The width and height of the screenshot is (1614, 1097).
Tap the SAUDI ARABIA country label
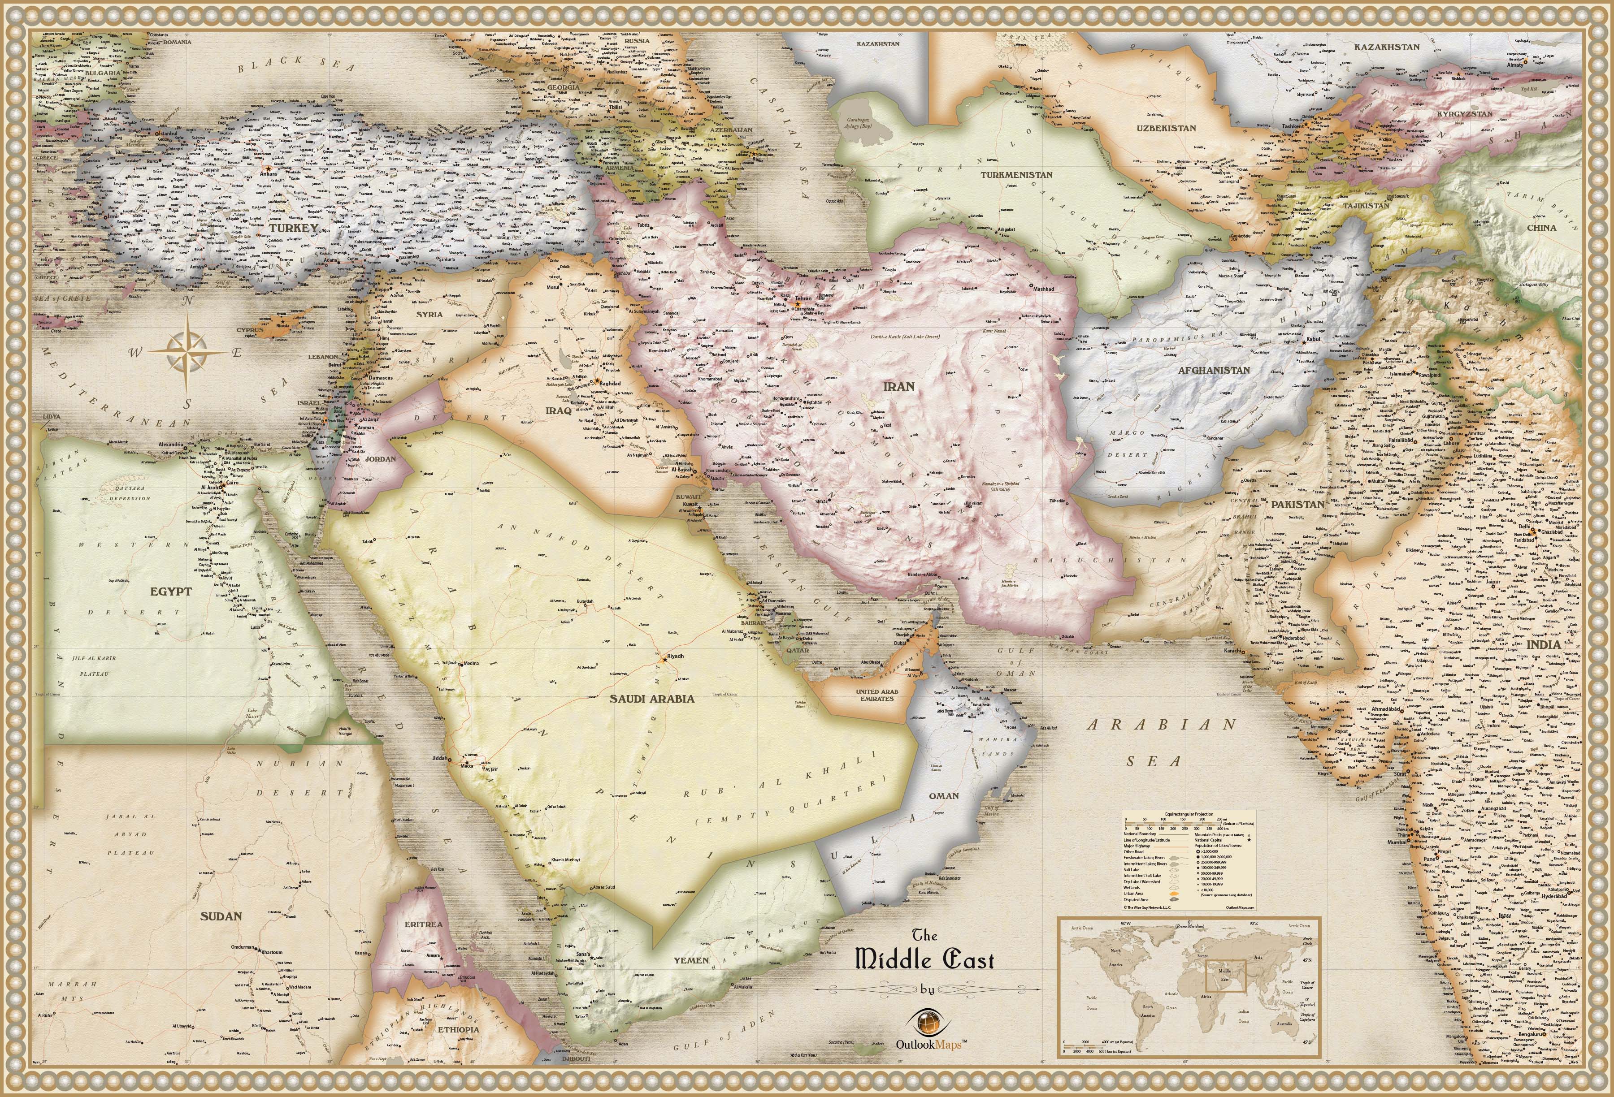click(651, 699)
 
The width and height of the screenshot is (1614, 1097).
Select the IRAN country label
click(898, 386)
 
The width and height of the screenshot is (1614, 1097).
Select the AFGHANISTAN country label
click(1213, 370)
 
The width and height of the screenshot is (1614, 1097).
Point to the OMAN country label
click(944, 796)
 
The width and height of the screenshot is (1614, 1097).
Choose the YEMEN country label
click(691, 960)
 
